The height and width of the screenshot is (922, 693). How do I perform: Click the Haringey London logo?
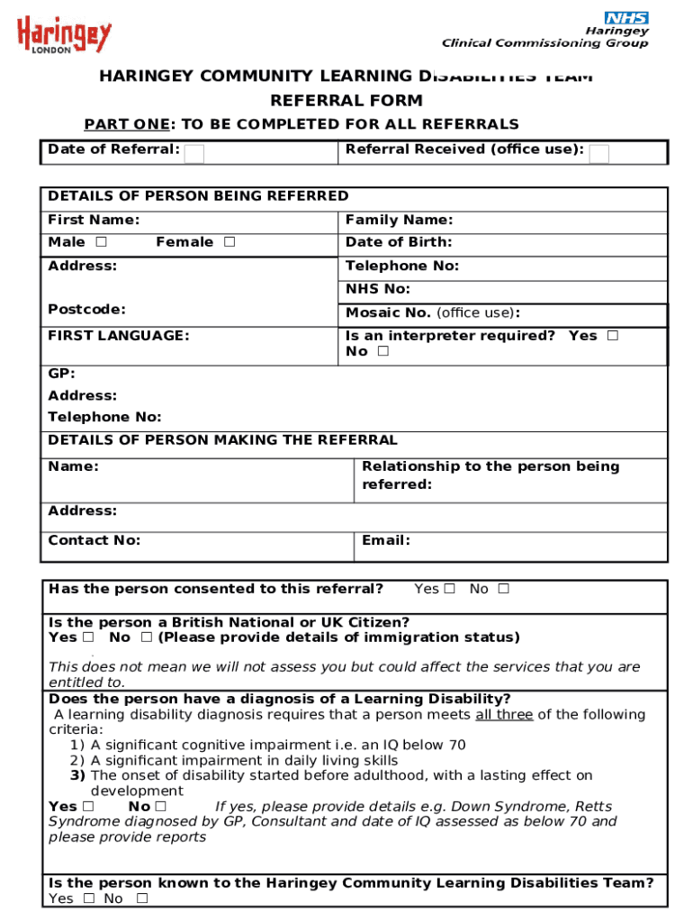[64, 37]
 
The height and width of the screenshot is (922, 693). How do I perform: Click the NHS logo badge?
[627, 18]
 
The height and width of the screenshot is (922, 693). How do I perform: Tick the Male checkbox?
[101, 242]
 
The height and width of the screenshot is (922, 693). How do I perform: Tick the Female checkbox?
[229, 242]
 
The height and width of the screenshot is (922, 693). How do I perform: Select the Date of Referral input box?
[193, 154]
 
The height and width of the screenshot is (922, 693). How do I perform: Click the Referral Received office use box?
[599, 154]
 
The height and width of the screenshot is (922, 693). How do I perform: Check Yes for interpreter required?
[613, 336]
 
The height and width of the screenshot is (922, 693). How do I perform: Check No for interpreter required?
[383, 352]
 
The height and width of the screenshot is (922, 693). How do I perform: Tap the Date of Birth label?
[399, 242]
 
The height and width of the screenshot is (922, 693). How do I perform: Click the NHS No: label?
[378, 289]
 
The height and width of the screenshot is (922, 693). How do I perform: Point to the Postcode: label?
[86, 310]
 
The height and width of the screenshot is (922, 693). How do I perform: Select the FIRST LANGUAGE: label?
[119, 336]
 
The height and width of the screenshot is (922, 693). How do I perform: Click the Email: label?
[386, 540]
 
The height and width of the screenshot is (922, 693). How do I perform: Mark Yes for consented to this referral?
[450, 589]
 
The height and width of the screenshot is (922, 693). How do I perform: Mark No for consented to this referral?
[503, 589]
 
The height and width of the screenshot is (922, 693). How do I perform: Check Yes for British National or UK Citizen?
[88, 637]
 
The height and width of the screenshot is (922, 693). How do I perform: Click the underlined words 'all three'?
[504, 715]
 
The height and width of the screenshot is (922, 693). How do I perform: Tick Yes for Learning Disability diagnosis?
[88, 807]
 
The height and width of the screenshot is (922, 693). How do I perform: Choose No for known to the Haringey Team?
[142, 899]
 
